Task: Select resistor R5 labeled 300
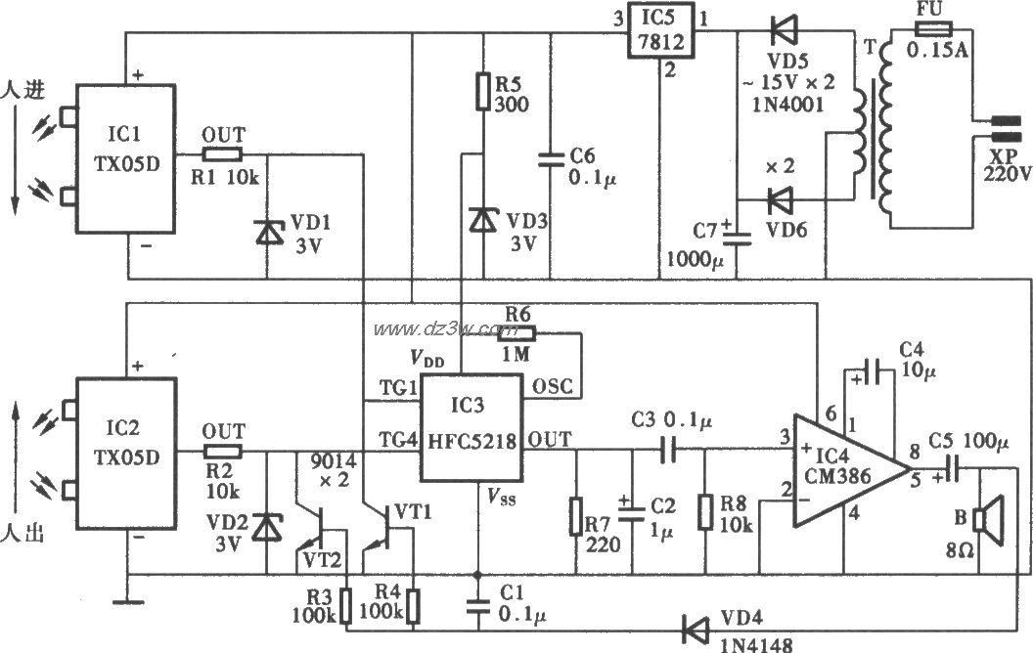[x=481, y=90]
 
